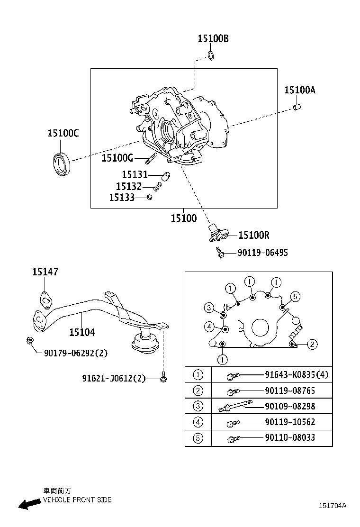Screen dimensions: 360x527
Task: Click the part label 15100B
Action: click(213, 39)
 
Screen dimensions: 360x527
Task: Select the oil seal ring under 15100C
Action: click(62, 164)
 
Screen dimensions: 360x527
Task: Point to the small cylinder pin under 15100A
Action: click(297, 107)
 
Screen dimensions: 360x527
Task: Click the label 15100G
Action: click(117, 158)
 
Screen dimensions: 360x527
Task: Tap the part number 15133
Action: click(122, 197)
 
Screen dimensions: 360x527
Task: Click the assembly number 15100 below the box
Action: click(184, 218)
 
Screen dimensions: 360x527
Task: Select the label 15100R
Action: click(254, 235)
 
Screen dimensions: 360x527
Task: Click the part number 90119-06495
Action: click(262, 253)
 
